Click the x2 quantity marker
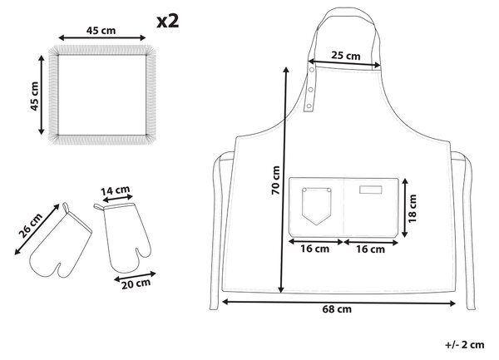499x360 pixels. [x=168, y=22]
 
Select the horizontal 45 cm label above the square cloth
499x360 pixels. [x=101, y=31]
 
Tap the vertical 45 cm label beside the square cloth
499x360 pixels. [x=34, y=96]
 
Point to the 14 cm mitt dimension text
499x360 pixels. [x=116, y=190]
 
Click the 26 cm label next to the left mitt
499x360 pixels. [x=30, y=225]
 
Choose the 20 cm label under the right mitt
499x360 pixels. [x=136, y=284]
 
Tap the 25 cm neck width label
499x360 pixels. [x=346, y=56]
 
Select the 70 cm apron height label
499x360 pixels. [x=275, y=180]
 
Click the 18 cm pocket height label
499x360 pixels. [x=413, y=209]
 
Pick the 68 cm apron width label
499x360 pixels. [x=337, y=308]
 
